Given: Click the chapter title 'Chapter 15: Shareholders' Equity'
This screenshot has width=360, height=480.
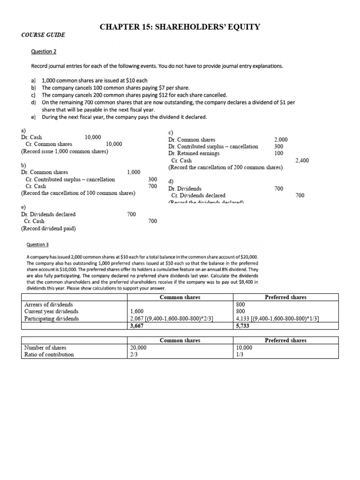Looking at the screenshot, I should [x=180, y=27].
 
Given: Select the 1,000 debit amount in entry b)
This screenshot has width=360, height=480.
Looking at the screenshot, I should [x=134, y=172].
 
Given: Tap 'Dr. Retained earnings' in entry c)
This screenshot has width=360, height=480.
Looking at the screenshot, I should [x=194, y=153].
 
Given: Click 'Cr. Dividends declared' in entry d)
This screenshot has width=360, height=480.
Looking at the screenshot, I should [x=198, y=195].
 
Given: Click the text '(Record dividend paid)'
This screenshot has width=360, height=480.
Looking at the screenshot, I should [x=48, y=229].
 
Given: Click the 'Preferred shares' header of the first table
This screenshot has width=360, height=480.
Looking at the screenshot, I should [x=285, y=297].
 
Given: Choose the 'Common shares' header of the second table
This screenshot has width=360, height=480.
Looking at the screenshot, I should [x=180, y=340].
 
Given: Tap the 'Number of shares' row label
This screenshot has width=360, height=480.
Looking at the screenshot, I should [x=45, y=348].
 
